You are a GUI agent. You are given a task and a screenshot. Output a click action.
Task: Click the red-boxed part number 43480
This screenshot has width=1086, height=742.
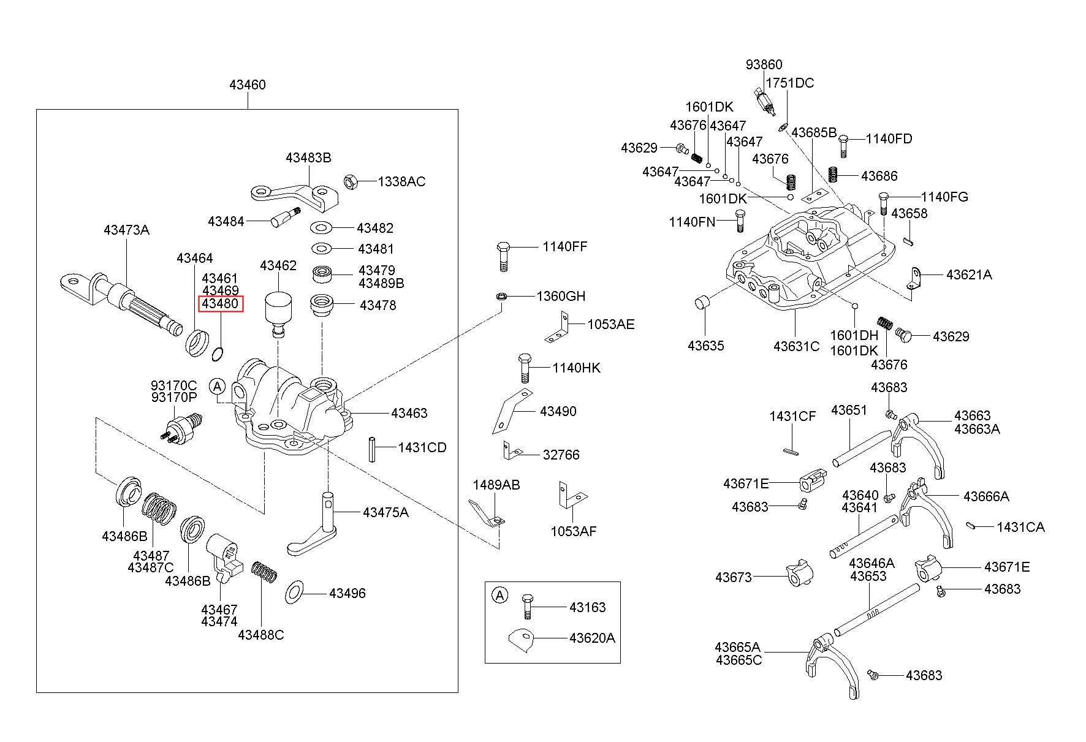pos(220,304)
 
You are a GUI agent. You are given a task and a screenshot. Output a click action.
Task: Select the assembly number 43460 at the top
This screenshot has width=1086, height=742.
pos(248,85)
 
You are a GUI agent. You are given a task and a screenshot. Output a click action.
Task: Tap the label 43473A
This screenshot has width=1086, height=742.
pos(126,230)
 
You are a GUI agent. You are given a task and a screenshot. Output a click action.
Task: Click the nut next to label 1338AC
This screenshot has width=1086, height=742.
pos(350,181)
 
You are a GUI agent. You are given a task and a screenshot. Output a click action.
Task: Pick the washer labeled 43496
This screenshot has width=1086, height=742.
pos(295,592)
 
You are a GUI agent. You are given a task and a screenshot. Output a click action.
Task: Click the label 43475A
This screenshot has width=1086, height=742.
pos(385,512)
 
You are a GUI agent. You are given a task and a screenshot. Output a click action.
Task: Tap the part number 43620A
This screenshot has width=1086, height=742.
pos(592,638)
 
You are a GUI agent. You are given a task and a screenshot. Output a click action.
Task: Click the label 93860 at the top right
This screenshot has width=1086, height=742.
pos(764,65)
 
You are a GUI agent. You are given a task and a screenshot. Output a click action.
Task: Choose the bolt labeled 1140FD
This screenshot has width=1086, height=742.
pos(843,145)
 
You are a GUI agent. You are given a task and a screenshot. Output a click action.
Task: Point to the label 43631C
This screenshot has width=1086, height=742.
pos(796,346)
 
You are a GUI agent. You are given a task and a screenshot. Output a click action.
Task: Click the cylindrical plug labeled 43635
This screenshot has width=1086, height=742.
pos(703,302)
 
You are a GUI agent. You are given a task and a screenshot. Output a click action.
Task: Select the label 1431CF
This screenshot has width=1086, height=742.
pos(792,417)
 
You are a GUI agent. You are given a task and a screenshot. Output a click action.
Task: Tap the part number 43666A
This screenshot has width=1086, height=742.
pos(986,496)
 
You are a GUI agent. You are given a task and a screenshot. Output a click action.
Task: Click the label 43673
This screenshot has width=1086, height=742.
pos(734,577)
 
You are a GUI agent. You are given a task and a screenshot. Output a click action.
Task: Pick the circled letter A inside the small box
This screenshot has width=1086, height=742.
pos(501,595)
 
